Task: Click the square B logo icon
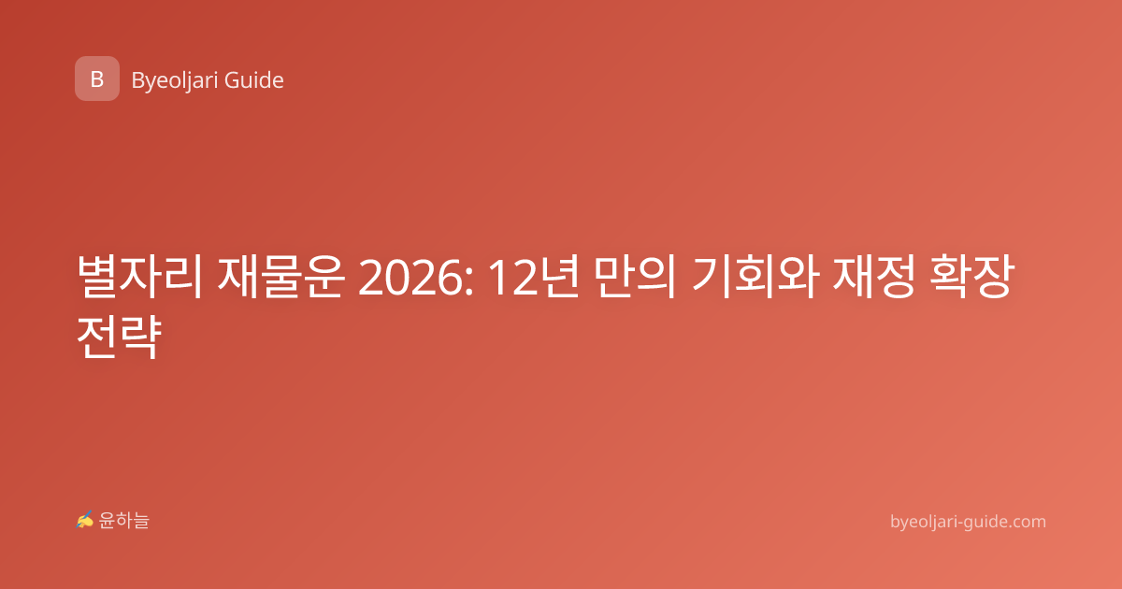pyautogui.click(x=97, y=79)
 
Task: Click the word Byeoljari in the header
pyautogui.click(x=174, y=80)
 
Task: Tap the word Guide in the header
pyautogui.click(x=254, y=80)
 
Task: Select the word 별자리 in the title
pyautogui.click(x=139, y=277)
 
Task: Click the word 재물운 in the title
pyautogui.click(x=281, y=277)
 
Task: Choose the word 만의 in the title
pyautogui.click(x=636, y=277)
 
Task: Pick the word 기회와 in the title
pyautogui.click(x=755, y=277)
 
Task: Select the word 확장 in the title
pyautogui.click(x=972, y=277)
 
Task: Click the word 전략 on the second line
pyautogui.click(x=120, y=337)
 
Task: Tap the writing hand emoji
pyautogui.click(x=85, y=520)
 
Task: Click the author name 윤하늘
pyautogui.click(x=123, y=521)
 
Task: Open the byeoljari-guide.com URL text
pyautogui.click(x=968, y=522)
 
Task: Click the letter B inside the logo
pyautogui.click(x=97, y=79)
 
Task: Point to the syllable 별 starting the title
pyautogui.click(x=96, y=277)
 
